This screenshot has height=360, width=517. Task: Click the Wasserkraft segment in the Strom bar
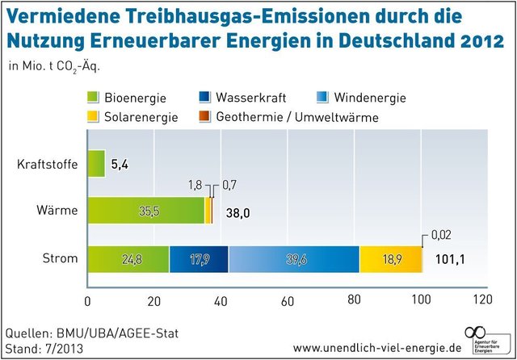199,259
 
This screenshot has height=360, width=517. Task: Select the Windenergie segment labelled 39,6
293,259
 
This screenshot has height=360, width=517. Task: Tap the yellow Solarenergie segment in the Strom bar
391,259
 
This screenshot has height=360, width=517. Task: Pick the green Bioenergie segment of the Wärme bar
145,211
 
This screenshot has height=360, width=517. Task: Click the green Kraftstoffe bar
96,164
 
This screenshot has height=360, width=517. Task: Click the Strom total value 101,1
451,259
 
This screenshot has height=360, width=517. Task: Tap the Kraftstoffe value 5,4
120,165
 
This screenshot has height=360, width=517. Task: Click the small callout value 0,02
441,234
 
